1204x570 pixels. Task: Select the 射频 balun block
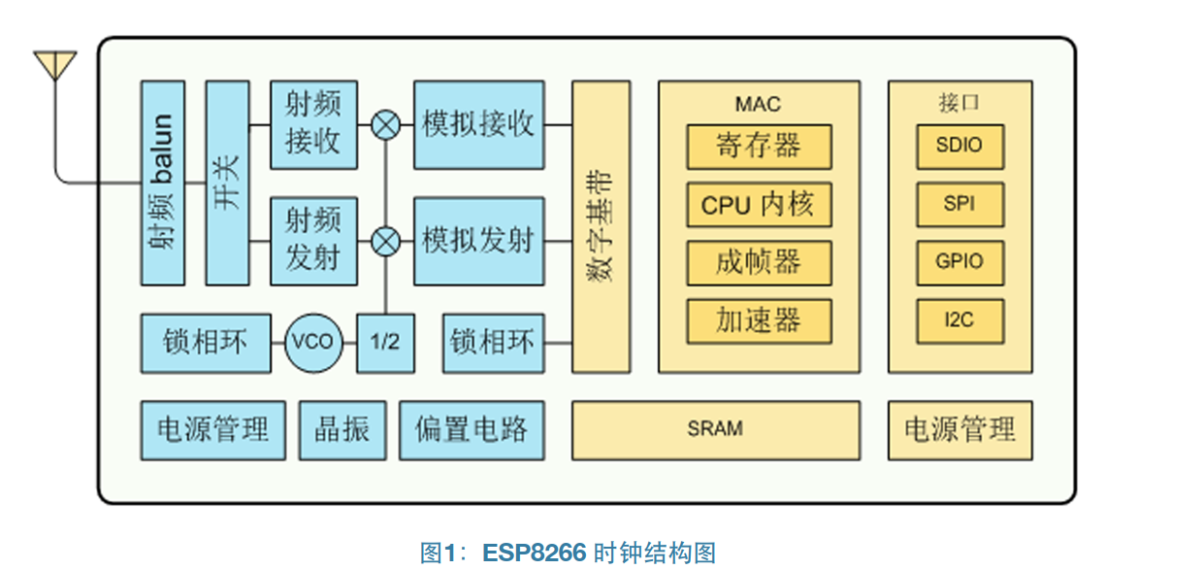tap(162, 183)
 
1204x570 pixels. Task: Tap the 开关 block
tap(227, 183)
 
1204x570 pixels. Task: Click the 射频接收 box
tap(313, 124)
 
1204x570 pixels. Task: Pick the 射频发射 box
tap(313, 241)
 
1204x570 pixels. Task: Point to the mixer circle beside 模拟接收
tap(386, 124)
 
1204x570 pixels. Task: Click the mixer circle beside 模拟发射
tap(386, 241)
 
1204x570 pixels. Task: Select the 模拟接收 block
tap(479, 124)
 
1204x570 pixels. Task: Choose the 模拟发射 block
tap(479, 241)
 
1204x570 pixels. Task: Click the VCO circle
tap(313, 343)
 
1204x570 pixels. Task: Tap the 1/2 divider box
tap(385, 343)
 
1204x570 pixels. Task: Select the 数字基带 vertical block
tap(601, 226)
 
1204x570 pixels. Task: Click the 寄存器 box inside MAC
tap(759, 147)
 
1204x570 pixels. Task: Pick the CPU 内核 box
tap(759, 205)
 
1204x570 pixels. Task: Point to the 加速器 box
tap(759, 320)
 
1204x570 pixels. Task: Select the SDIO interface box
tap(960, 147)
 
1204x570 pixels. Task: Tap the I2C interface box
tap(960, 320)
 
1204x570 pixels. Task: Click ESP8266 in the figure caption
tap(534, 553)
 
